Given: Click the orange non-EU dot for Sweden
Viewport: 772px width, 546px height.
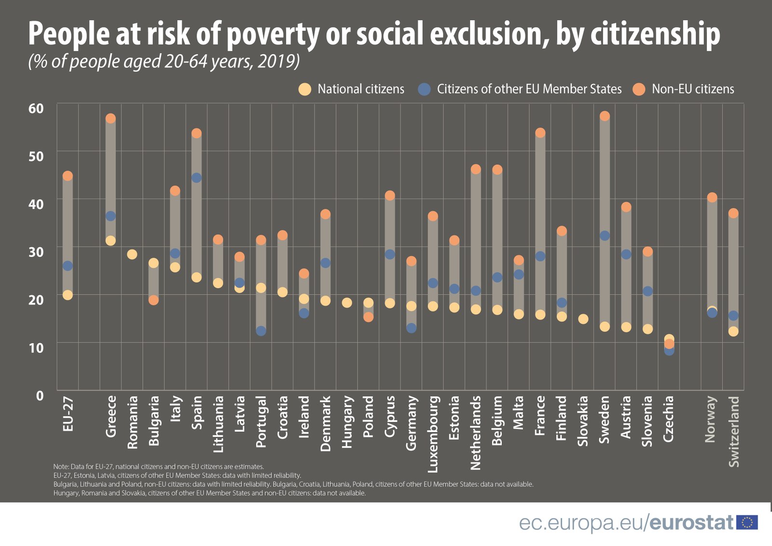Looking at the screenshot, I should click(605, 116).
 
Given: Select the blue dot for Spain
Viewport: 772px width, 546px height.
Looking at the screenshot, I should click(196, 178).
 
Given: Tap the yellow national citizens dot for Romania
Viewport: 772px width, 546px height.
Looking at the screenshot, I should click(132, 254).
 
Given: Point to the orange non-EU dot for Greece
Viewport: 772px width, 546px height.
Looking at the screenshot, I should click(110, 118).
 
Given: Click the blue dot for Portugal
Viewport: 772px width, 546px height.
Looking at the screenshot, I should click(261, 331).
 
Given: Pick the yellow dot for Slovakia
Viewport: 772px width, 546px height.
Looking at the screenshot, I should click(583, 319).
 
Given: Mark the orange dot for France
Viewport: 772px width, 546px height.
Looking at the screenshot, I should click(540, 132).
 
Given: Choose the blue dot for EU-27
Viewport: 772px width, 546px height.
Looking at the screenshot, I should click(68, 266).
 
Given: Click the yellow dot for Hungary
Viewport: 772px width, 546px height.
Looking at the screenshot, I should click(346, 303).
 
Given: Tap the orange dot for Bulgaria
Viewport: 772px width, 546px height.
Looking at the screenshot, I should click(153, 300).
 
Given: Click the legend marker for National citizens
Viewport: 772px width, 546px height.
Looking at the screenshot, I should click(305, 89).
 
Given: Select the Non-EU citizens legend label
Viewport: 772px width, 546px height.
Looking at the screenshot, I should click(693, 89).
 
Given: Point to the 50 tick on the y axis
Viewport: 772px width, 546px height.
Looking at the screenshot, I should click(36, 156).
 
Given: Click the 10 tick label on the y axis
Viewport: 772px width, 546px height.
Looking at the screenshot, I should click(36, 348).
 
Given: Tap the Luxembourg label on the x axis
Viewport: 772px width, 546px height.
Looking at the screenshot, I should click(433, 434).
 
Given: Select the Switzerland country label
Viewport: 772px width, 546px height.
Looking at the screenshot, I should click(733, 431).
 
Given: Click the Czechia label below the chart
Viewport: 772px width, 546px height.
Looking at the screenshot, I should click(669, 419).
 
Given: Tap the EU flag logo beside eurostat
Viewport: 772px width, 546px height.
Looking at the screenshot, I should click(747, 522).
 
